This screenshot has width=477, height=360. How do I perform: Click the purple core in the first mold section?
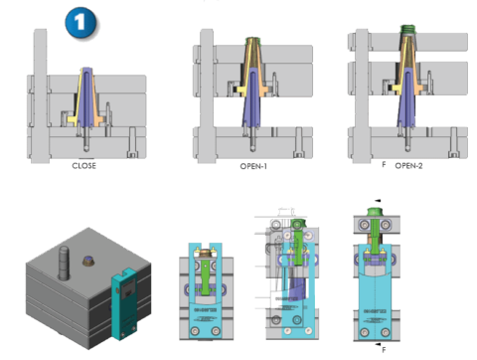coord(88,99)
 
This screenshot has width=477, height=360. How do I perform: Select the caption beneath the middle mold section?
coord(251,166)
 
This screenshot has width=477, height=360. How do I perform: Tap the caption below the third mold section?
coord(407,165)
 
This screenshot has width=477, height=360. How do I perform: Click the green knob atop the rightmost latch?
coord(376,210)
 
